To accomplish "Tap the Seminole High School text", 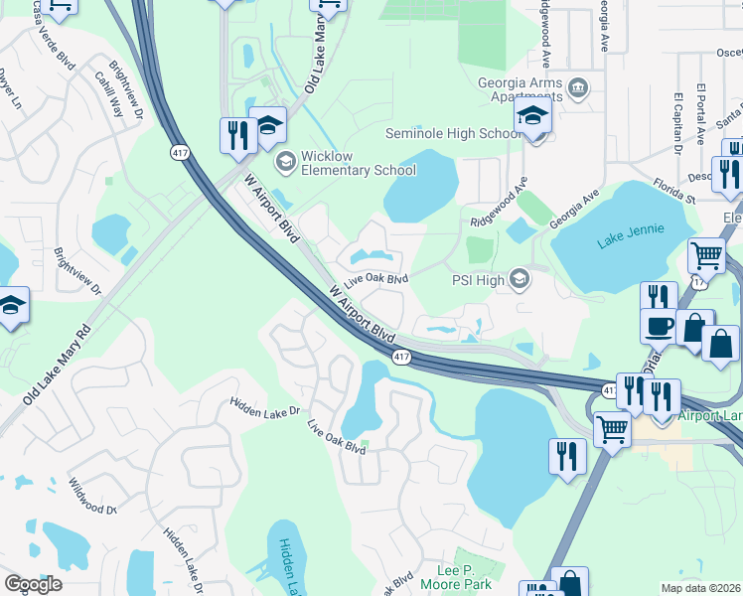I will tap(452, 133).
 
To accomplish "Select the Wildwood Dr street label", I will tap(92, 496).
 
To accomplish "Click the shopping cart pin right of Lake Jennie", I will tap(706, 255).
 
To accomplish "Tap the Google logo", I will tap(33, 584).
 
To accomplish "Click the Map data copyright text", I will tap(701, 588).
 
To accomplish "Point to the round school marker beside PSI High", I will tap(520, 279).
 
